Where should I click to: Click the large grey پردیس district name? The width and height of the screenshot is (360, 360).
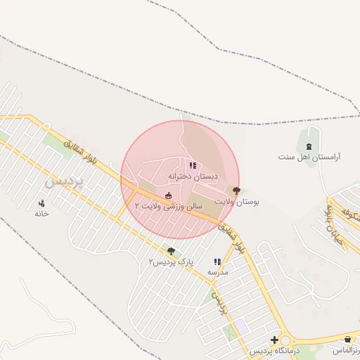point(64,181)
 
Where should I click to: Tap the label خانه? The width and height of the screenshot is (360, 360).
point(41,214)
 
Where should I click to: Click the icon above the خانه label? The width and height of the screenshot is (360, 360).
point(41,204)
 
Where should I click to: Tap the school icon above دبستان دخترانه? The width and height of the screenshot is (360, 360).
point(193,166)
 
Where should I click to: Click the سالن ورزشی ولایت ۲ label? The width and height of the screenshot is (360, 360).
point(169,206)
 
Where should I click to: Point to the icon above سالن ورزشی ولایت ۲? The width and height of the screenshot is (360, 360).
point(169,195)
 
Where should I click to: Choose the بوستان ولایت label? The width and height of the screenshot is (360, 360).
point(237,202)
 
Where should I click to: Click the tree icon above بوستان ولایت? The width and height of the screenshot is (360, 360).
point(236,191)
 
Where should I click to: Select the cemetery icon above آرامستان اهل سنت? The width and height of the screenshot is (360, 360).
point(309,146)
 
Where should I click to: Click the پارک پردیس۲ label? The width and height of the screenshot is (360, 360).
point(170,262)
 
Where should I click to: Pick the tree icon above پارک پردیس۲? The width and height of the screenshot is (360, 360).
point(171,250)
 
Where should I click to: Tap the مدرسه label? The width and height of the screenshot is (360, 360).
point(217,272)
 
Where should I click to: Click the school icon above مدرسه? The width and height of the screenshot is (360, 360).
point(217,262)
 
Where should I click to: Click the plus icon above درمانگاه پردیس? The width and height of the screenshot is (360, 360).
point(274,340)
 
